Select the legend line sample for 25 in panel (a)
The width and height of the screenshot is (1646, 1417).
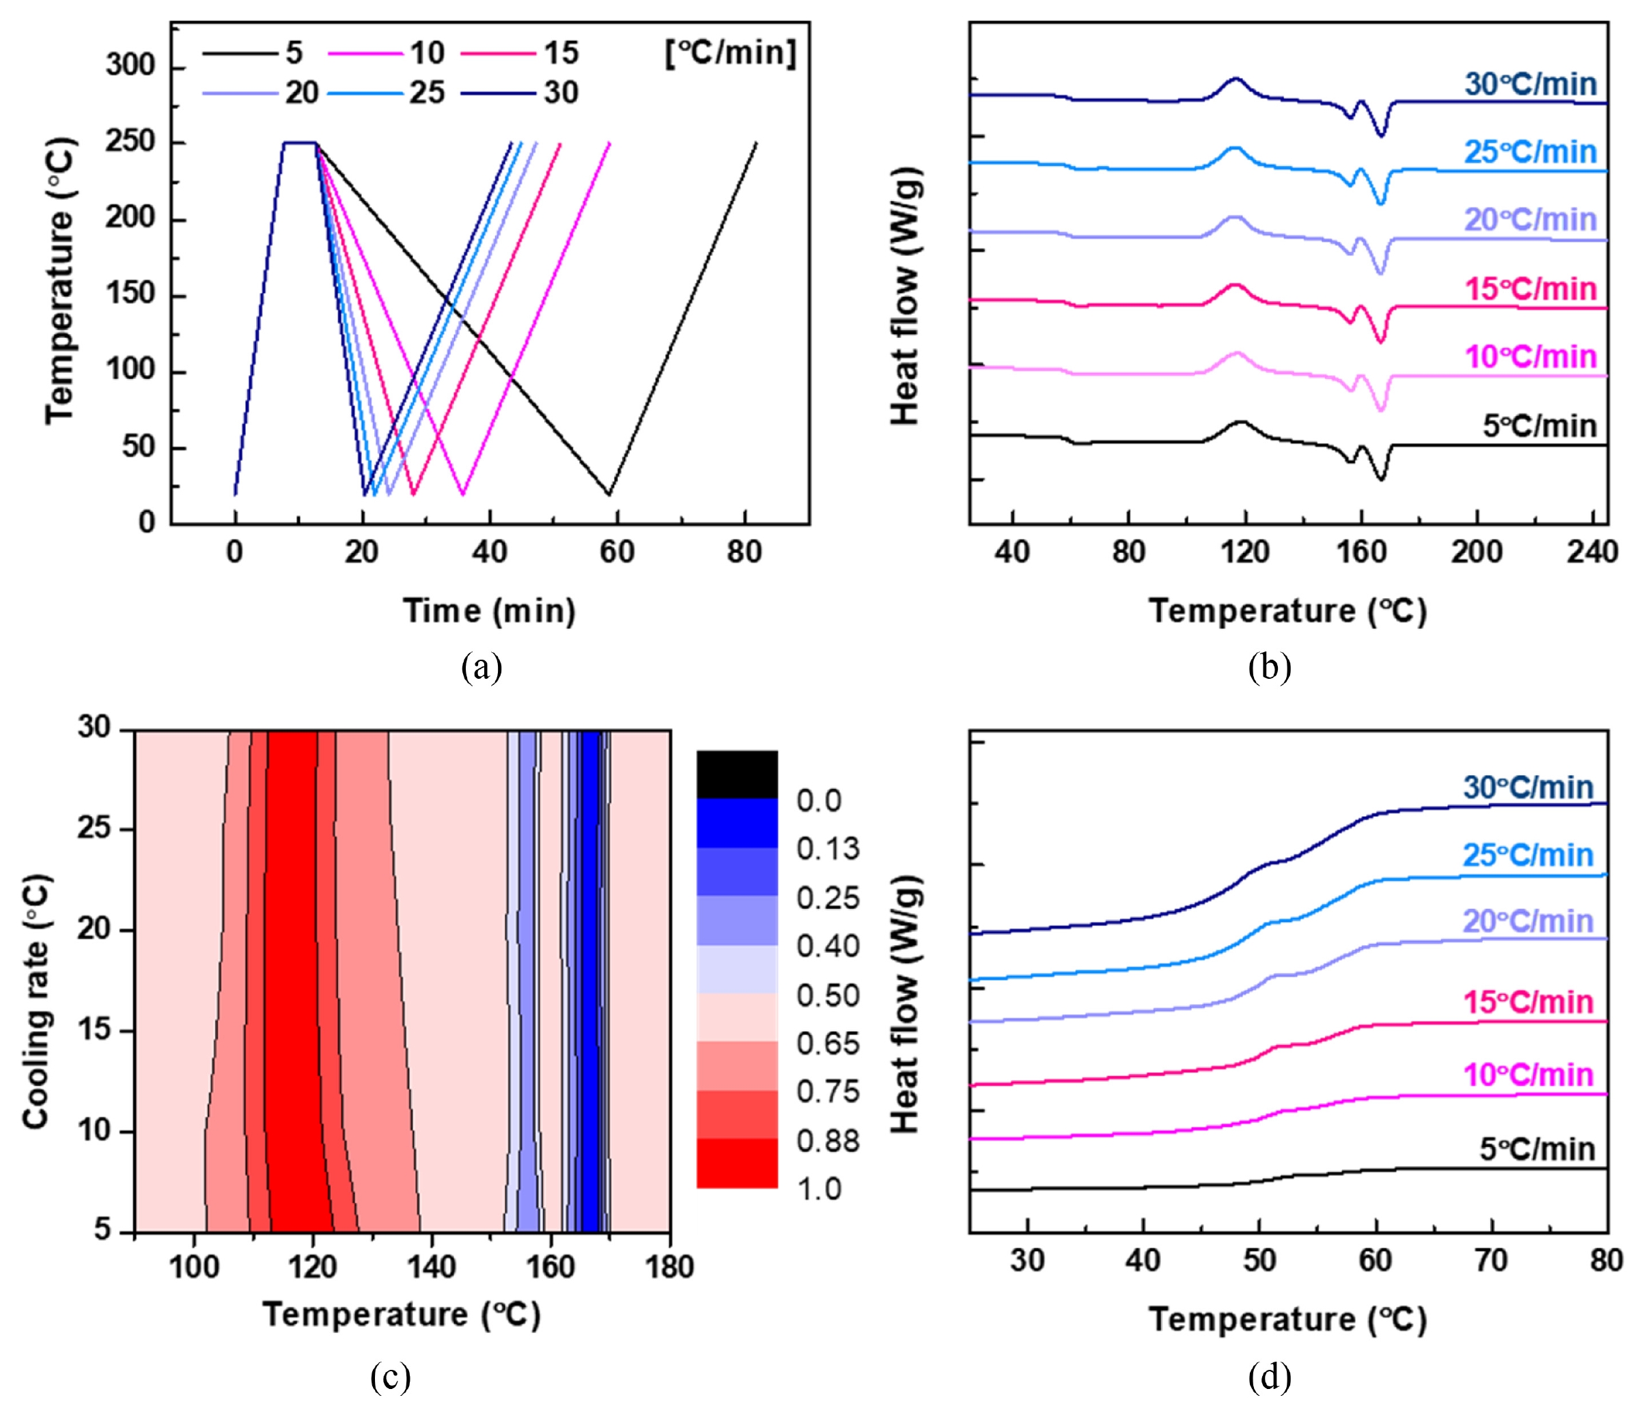pyautogui.click(x=365, y=94)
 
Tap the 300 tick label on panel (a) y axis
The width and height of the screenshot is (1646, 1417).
pyautogui.click(x=131, y=65)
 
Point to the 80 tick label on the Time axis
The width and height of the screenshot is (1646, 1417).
pyautogui.click(x=744, y=551)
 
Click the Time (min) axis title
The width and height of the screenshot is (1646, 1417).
pyautogui.click(x=489, y=612)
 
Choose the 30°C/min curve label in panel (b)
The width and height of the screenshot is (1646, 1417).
pyautogui.click(x=1531, y=84)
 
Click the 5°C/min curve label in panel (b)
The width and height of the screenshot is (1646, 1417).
pyautogui.click(x=1539, y=427)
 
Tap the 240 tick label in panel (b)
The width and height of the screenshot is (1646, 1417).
pyautogui.click(x=1592, y=551)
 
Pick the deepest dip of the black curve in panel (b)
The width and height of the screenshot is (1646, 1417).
pyautogui.click(x=1382, y=479)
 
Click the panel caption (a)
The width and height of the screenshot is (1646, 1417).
pyautogui.click(x=482, y=667)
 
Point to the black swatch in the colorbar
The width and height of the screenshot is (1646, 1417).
pyautogui.click(x=737, y=774)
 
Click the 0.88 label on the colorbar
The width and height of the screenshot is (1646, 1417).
pyautogui.click(x=828, y=1141)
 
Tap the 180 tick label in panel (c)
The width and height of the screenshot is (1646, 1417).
pyautogui.click(x=670, y=1267)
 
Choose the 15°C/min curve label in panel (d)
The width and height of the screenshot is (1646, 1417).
pyautogui.click(x=1529, y=1002)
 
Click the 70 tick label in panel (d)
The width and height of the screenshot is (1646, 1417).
pyautogui.click(x=1491, y=1261)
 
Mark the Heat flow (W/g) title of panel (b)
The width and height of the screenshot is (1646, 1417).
pyautogui.click(x=905, y=296)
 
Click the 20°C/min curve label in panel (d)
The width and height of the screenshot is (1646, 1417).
pyautogui.click(x=1529, y=921)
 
